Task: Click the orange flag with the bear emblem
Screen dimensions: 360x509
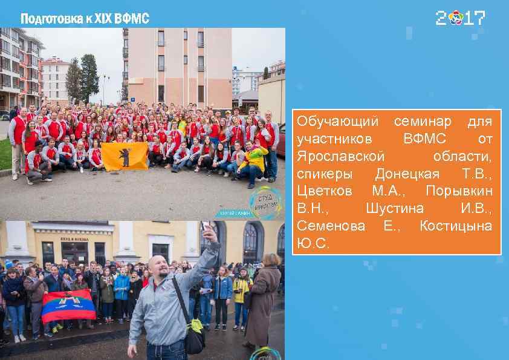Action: tap(125, 156)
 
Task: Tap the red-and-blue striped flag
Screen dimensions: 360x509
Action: tap(68, 306)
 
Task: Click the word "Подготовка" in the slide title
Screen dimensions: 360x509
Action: tap(49, 19)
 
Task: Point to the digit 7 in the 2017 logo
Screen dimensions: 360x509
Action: tap(479, 18)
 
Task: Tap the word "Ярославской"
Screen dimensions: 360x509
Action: tap(340, 157)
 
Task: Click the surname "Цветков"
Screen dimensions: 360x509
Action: tap(326, 191)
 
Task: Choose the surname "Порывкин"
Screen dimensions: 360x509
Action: tap(459, 191)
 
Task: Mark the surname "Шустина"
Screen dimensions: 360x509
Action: tap(394, 209)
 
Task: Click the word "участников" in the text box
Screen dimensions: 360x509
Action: tap(334, 139)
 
